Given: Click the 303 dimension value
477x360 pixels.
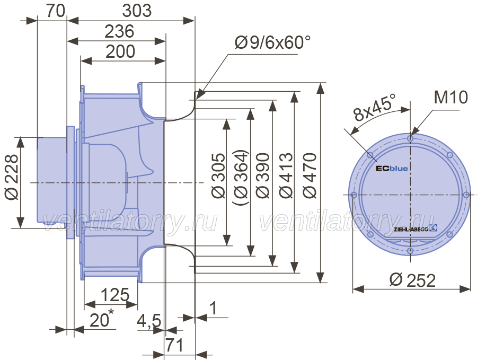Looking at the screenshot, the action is click(137, 11).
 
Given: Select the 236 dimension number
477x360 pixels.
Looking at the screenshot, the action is click(119, 31).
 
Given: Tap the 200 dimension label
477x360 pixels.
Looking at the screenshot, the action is click(120, 51).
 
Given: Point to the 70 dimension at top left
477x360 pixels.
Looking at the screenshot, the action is click(56, 11).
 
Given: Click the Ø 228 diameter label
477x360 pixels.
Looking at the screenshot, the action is click(12, 178).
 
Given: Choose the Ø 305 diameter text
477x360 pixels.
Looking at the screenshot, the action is click(219, 175).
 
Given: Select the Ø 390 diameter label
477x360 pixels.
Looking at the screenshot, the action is click(262, 175).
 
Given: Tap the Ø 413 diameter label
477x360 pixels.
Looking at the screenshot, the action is click(286, 175).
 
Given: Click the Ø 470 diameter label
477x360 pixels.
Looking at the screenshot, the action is click(310, 175).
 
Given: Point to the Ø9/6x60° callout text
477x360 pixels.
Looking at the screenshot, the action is click(273, 42).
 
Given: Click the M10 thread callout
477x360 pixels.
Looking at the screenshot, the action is click(451, 98).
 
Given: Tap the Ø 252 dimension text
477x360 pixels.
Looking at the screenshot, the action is click(412, 280).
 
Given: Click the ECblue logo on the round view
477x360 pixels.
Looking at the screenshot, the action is click(392, 168).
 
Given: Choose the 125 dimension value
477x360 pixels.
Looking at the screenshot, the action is click(115, 295).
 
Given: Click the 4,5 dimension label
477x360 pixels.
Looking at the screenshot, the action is click(149, 321).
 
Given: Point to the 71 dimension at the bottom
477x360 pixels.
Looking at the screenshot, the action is click(174, 345).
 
